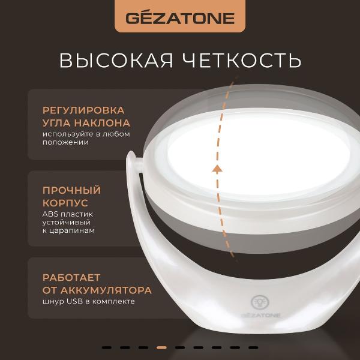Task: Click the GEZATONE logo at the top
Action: pyautogui.click(x=179, y=17)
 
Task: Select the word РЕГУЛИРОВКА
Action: pyautogui.click(x=83, y=110)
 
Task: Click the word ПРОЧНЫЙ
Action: pyautogui.click(x=71, y=190)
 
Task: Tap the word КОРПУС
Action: pyautogui.click(x=65, y=202)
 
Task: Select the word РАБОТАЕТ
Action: pyautogui.click(x=71, y=278)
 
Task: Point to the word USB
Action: pyautogui.click(x=76, y=301)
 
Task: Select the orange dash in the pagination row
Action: pyautogui.click(x=161, y=347)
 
